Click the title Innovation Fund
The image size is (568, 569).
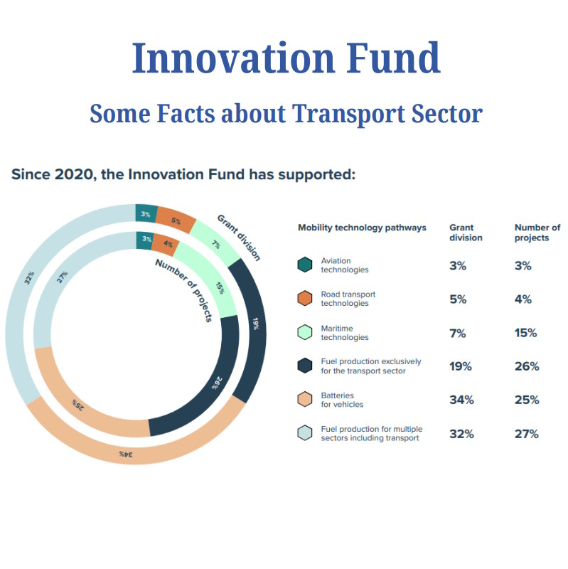pyautogui.click(x=286, y=58)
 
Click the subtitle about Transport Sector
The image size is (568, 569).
pyautogui.click(x=286, y=112)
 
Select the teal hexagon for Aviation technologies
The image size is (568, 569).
pyautogui.click(x=305, y=265)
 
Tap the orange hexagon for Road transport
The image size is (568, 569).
pyautogui.click(x=305, y=299)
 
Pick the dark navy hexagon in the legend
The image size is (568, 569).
pyautogui.click(x=305, y=366)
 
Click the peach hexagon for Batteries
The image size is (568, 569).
pyautogui.click(x=305, y=400)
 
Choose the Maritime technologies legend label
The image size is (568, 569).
pyautogui.click(x=346, y=332)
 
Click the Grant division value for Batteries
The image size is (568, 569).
pyautogui.click(x=461, y=400)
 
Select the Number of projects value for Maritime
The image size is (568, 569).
pyautogui.click(x=527, y=332)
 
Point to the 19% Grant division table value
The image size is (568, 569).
pyautogui.click(x=460, y=366)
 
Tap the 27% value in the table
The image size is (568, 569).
pyautogui.click(x=527, y=434)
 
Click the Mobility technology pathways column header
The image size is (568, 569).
pyautogui.click(x=362, y=228)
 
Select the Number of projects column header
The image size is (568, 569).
pyautogui.click(x=537, y=233)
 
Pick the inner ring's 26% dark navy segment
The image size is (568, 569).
pyautogui.click(x=213, y=384)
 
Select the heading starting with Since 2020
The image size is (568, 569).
pyautogui.click(x=183, y=174)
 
